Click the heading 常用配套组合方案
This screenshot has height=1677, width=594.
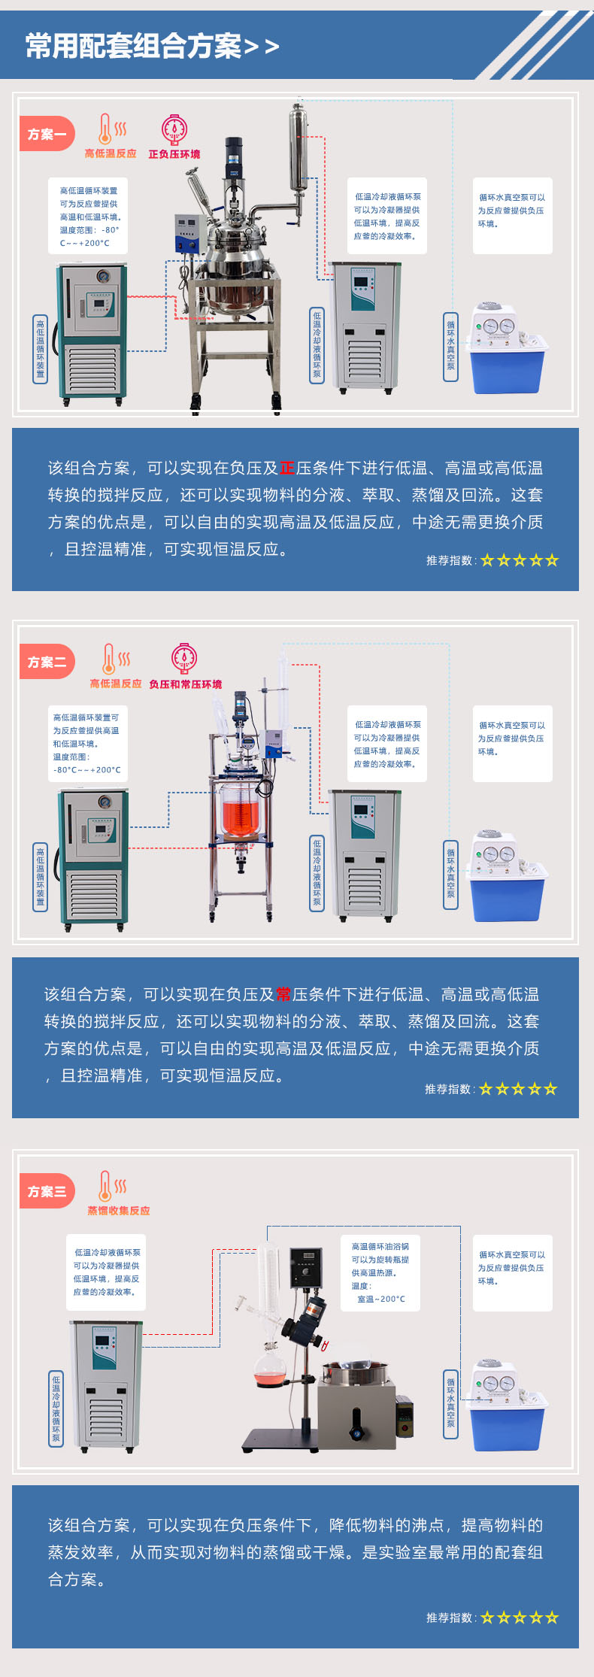click(134, 46)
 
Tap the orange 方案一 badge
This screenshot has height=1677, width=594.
click(47, 134)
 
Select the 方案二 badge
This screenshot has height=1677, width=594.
click(47, 662)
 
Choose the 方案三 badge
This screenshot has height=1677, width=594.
click(47, 1191)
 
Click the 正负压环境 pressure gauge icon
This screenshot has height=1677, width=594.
click(174, 129)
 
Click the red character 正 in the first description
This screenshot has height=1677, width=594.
click(286, 468)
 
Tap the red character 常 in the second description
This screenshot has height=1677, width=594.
click(283, 994)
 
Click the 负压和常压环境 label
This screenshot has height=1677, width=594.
click(185, 684)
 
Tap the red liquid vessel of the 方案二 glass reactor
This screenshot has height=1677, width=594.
click(241, 813)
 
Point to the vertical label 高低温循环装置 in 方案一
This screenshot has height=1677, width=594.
click(40, 349)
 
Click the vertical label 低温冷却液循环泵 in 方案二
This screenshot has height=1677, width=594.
click(317, 872)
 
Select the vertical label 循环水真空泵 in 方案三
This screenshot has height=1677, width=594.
click(450, 1403)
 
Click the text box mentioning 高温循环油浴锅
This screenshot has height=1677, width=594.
click(380, 1273)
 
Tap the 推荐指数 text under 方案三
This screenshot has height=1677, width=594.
click(450, 1617)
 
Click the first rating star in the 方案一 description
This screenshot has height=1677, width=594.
click(487, 560)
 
